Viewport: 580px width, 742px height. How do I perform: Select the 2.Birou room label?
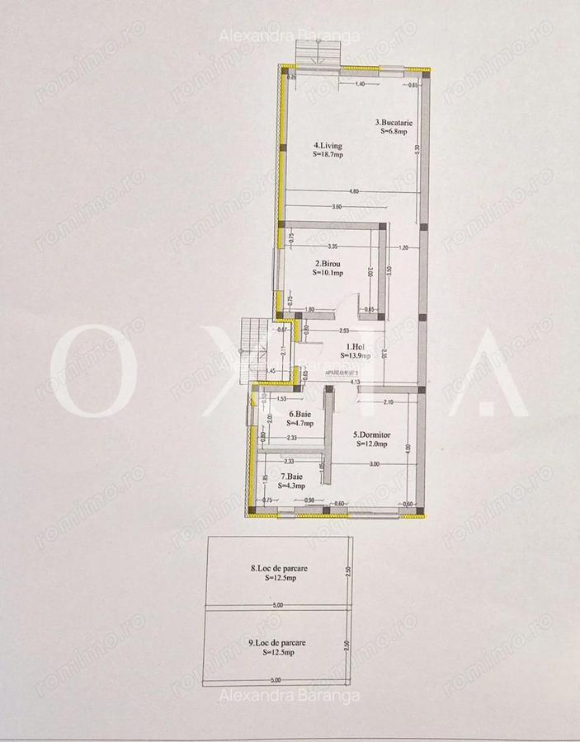pos(328,265)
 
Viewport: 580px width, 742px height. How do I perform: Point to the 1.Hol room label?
pos(356,347)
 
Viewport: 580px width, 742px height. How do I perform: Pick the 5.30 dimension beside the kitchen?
pos(418,149)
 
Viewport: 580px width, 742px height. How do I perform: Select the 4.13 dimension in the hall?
pos(354,382)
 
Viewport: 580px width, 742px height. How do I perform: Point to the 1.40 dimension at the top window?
pos(360,85)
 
